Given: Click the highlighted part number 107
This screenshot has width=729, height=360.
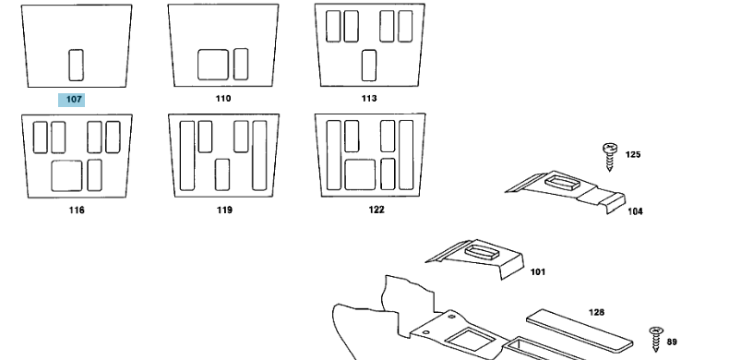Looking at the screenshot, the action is click(x=74, y=100).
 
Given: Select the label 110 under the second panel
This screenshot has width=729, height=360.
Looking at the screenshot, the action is click(x=223, y=99).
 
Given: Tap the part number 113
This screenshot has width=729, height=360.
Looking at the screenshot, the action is click(x=369, y=99).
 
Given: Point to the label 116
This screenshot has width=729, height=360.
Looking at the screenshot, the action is click(x=77, y=210).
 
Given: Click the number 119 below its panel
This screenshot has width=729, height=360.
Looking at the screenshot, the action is click(x=224, y=210).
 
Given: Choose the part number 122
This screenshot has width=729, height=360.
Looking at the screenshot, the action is click(x=376, y=210).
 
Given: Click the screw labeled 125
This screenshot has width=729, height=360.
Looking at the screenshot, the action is click(x=610, y=157).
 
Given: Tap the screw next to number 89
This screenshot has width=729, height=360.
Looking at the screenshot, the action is click(x=656, y=339).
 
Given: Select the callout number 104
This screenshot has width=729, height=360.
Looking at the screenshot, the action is click(x=635, y=211).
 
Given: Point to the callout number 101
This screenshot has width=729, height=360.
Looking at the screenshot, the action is click(x=537, y=272).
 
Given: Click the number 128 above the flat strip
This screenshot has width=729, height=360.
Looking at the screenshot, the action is click(x=596, y=313).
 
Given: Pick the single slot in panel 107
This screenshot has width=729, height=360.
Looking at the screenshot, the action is click(x=77, y=66).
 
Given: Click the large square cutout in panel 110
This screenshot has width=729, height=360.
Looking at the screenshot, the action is click(x=213, y=65).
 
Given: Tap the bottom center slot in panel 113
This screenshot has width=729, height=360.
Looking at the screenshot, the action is click(x=369, y=66).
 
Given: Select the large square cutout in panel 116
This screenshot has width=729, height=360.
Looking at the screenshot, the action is click(x=66, y=175).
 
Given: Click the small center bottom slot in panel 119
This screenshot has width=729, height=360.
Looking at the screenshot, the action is click(x=222, y=174).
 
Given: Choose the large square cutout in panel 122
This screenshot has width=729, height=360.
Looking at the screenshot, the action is click(x=360, y=174).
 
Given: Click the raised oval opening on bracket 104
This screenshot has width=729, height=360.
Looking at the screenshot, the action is click(x=562, y=183).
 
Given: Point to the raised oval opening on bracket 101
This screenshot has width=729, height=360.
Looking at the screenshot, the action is click(x=482, y=253).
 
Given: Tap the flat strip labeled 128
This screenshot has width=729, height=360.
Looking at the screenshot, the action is click(x=580, y=331).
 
